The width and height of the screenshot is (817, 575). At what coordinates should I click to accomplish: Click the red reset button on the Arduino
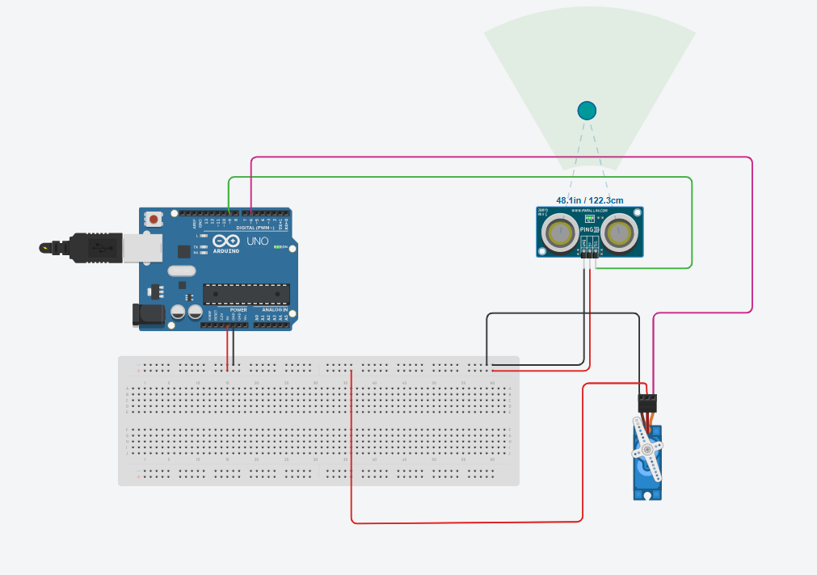154,218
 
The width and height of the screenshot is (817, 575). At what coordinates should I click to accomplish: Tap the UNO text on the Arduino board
256,241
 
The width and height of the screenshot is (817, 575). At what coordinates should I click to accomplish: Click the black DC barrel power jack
148,314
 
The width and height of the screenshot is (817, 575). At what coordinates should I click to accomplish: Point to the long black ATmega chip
246,296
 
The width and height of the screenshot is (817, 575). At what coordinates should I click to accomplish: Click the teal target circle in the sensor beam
587,110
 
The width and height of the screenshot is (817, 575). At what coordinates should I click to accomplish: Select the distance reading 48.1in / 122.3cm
589,199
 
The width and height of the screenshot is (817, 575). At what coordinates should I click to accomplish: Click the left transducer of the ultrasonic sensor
558,233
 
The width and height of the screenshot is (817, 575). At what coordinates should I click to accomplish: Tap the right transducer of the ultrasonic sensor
620,233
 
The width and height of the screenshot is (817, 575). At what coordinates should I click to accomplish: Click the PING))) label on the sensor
589,230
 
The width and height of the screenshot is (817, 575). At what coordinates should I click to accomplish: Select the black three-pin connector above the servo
646,401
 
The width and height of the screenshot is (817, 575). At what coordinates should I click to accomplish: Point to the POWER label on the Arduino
238,309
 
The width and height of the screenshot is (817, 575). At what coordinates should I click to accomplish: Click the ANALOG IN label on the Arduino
274,309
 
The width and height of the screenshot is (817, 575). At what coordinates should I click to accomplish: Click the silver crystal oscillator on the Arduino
182,271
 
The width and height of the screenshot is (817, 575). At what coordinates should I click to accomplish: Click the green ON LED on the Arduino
278,246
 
